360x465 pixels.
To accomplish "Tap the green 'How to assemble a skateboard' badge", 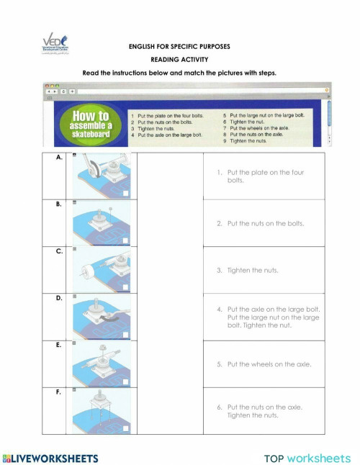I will point(90,124).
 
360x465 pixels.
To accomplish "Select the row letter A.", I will point(58,158).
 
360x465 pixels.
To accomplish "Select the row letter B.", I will point(58,204).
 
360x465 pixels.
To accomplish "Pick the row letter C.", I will point(58,251).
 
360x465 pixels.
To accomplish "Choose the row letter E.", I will point(58,345).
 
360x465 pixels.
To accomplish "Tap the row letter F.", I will point(58,392).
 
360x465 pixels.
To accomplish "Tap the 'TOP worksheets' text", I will point(307,458).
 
